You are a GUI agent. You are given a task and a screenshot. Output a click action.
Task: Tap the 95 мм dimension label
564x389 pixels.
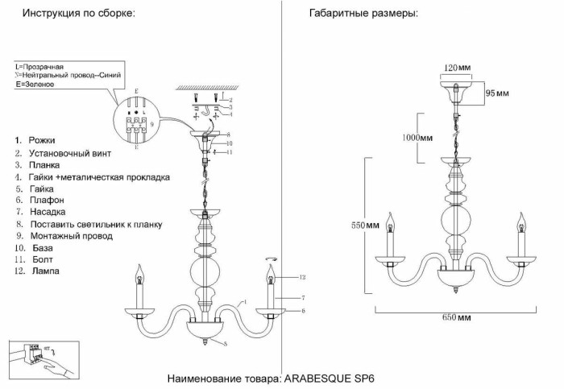496,93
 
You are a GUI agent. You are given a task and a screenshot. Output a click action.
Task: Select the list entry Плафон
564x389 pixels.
47,199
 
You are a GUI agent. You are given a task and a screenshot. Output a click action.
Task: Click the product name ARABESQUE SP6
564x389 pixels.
327,378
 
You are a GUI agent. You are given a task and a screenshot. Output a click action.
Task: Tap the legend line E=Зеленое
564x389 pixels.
35,85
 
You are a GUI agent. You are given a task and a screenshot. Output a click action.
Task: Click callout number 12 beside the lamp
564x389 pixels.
301,277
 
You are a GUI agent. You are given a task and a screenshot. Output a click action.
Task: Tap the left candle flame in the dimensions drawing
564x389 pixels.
392,220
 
